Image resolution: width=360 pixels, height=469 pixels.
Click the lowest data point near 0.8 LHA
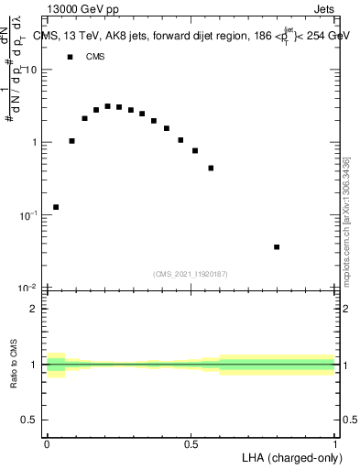[277, 247]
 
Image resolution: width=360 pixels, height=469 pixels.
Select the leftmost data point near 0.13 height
[56, 207]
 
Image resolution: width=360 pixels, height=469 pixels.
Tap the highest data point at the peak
[107, 106]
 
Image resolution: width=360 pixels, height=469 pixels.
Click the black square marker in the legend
[70, 57]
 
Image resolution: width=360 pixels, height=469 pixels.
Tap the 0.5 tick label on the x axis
[191, 442]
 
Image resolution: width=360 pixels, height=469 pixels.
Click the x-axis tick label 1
[335, 442]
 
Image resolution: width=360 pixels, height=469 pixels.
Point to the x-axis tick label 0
[47, 442]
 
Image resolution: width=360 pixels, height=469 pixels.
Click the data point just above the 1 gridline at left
[71, 141]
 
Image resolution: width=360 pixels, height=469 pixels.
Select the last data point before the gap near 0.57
[211, 169]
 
